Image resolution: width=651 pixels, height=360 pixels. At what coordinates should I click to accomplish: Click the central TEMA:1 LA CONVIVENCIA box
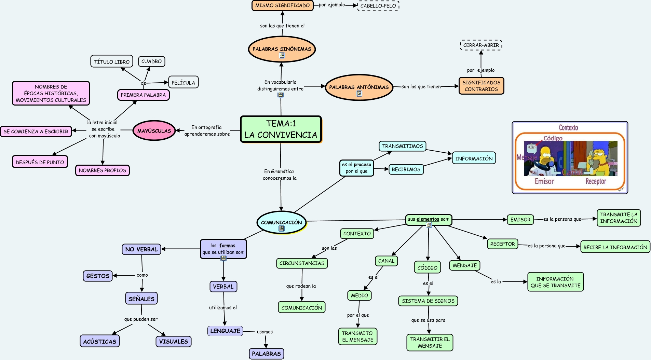(x=281, y=129)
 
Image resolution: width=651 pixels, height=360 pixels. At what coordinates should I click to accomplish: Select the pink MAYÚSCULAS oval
(x=154, y=130)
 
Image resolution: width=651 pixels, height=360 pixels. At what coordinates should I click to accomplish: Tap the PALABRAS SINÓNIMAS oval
(x=282, y=49)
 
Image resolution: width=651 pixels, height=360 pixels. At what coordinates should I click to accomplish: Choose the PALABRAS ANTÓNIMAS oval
(x=359, y=87)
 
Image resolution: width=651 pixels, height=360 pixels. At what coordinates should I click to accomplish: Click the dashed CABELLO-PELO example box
(x=378, y=6)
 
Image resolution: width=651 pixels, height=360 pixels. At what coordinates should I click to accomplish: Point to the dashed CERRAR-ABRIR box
(x=481, y=45)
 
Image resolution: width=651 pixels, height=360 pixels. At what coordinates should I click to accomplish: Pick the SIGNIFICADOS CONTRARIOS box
(x=481, y=86)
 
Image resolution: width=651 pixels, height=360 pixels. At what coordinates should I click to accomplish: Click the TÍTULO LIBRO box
(x=112, y=62)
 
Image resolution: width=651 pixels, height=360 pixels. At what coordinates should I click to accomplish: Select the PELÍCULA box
(x=183, y=83)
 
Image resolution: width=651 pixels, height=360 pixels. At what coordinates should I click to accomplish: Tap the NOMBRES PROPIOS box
(x=103, y=170)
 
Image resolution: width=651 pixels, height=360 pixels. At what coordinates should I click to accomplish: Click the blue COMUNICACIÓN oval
(x=281, y=222)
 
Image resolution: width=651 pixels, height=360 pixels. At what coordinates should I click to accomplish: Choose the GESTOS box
(x=98, y=276)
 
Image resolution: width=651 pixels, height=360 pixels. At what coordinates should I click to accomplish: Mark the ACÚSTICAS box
(x=100, y=341)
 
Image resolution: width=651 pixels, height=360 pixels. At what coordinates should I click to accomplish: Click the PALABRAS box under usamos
(x=266, y=354)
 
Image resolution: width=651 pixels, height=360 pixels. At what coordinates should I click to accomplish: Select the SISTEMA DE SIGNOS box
(x=428, y=301)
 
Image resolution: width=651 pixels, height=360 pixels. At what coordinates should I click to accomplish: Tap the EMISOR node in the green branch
(x=520, y=220)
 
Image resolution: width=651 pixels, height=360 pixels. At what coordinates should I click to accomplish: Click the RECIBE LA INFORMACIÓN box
(x=615, y=247)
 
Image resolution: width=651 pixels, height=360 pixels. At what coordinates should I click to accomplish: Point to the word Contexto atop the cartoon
(x=568, y=128)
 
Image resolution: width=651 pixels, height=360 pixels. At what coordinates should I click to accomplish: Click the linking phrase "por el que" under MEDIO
(x=358, y=315)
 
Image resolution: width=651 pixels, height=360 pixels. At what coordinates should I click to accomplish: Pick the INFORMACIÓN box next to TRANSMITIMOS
(x=474, y=158)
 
